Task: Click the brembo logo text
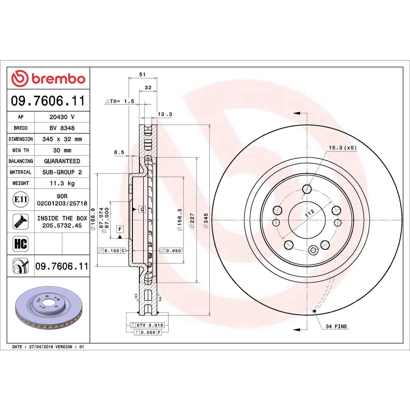58,79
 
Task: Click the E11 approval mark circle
21,200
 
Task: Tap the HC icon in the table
21,244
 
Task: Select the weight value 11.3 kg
62,183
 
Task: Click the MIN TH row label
21,150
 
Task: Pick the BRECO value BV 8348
62,128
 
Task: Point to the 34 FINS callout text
336,326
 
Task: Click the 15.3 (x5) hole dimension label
343,148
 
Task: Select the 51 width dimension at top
142,74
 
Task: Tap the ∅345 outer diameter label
206,221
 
